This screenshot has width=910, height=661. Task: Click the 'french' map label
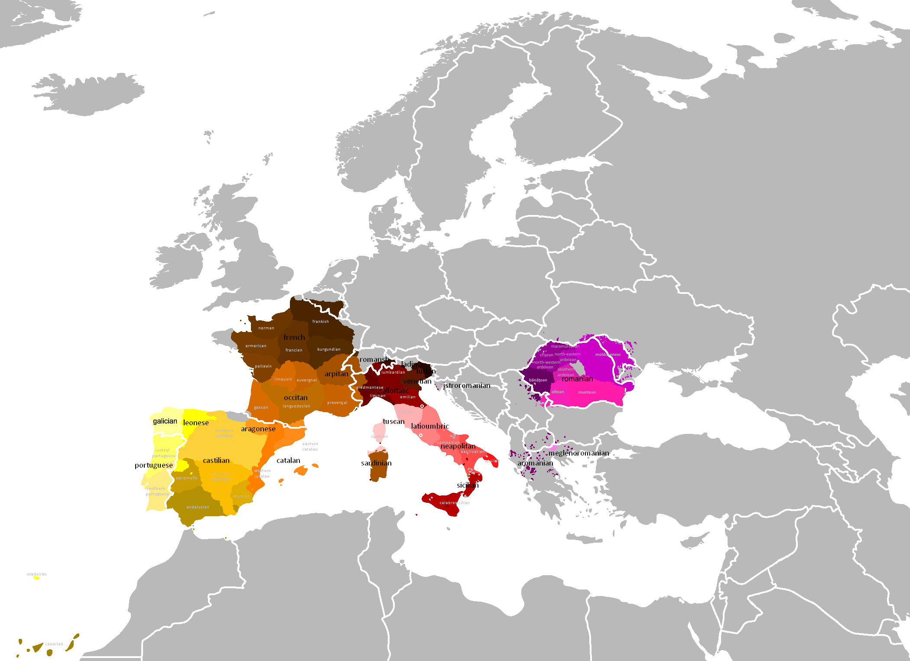point(294,337)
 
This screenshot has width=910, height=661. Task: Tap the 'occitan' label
point(296,397)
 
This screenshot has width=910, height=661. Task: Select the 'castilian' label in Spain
point(216,460)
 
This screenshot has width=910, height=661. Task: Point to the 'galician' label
point(165,421)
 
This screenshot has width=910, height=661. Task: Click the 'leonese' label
point(196,423)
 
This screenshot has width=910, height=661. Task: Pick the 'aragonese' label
point(258,429)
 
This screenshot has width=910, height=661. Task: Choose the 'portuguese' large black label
point(154,465)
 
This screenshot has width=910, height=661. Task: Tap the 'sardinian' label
point(376,463)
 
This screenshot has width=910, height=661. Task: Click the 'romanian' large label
point(577,379)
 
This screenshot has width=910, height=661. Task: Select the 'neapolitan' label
point(458,446)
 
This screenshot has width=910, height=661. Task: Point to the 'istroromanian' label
point(467,385)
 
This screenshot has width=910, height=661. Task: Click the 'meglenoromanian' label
point(578,453)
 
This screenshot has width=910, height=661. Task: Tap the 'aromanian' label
point(535,463)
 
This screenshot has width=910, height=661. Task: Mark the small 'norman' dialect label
point(266,328)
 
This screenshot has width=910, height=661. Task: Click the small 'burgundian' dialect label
point(329,349)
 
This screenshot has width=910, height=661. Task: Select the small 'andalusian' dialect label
point(198,507)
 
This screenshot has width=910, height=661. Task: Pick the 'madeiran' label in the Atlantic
point(37,574)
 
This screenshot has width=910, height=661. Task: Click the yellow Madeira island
point(37,578)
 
